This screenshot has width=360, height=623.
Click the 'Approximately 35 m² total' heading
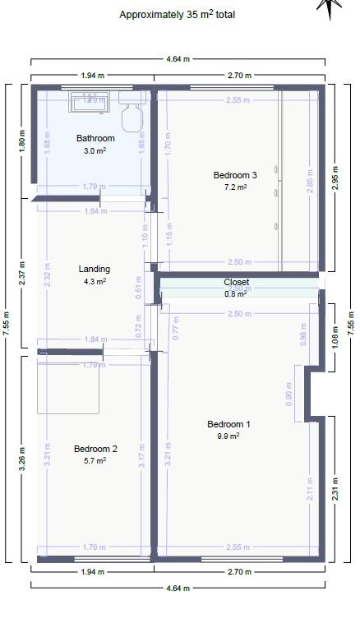tap(178, 14)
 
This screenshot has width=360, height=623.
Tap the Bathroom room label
tap(95, 138)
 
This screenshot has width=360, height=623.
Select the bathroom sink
tap(90, 101)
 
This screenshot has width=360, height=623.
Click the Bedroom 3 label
tap(235, 175)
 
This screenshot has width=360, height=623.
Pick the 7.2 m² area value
tap(235, 187)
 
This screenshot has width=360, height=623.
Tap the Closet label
tap(237, 282)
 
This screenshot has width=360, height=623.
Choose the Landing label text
tap(94, 269)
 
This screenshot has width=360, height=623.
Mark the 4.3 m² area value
tap(95, 281)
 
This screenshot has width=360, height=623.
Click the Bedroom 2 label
tap(95, 449)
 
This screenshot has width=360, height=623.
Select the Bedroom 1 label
tap(228, 424)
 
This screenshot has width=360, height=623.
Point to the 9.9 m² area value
tap(228, 436)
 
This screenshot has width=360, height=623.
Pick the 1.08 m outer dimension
tap(335, 339)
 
